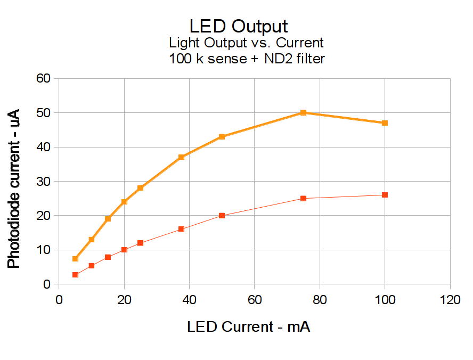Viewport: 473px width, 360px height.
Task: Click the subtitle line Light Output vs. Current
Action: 246,43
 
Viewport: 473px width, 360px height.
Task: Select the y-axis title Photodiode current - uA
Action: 14,189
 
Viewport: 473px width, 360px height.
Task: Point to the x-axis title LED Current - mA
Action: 248,326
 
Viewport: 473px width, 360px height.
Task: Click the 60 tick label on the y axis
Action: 44,79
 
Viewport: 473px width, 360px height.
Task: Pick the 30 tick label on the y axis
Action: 44,182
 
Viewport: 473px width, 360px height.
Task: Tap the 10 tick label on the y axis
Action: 44,250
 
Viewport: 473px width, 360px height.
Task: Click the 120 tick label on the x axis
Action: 450,300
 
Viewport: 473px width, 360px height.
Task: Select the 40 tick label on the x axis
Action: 189,300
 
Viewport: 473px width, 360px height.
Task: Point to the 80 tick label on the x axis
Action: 320,300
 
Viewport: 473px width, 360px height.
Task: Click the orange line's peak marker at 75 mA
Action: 303,112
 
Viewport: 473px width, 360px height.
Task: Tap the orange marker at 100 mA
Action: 385,123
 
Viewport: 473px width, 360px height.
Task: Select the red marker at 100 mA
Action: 385,195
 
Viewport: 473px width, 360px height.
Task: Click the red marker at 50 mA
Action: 222,216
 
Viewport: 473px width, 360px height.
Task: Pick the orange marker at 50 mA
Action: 222,137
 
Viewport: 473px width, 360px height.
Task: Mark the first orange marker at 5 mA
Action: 75,259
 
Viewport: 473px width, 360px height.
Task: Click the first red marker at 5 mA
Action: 75,275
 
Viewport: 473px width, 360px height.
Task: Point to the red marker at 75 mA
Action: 303,199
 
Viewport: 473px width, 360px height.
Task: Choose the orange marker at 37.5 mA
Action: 181,157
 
